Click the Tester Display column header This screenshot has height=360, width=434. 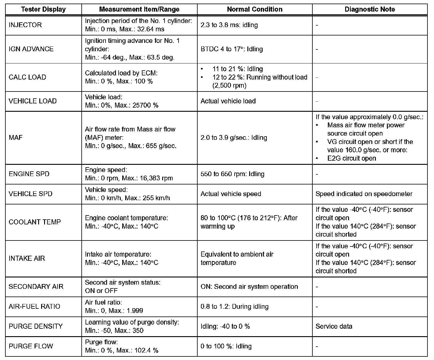[x=44, y=9]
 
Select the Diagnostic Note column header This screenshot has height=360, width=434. [x=370, y=9]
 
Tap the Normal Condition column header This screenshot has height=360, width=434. [x=255, y=9]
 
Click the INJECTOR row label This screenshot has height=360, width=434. [x=25, y=25]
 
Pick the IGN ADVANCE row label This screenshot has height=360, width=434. [x=31, y=49]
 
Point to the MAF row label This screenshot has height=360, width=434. [x=15, y=138]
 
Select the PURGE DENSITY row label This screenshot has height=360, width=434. [x=35, y=326]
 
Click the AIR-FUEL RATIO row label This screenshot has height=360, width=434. [x=34, y=306]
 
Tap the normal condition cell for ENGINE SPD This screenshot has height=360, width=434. [x=232, y=174]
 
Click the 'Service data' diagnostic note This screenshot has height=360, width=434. [x=334, y=326]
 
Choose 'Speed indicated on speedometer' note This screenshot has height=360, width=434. [x=364, y=194]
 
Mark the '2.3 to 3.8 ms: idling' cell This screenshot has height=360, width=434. [x=229, y=25]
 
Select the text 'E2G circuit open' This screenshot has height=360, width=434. [x=351, y=159]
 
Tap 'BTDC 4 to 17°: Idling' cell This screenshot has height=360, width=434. [x=232, y=49]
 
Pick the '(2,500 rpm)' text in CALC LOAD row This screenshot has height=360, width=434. [x=230, y=86]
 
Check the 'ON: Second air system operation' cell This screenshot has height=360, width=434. [x=249, y=287]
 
